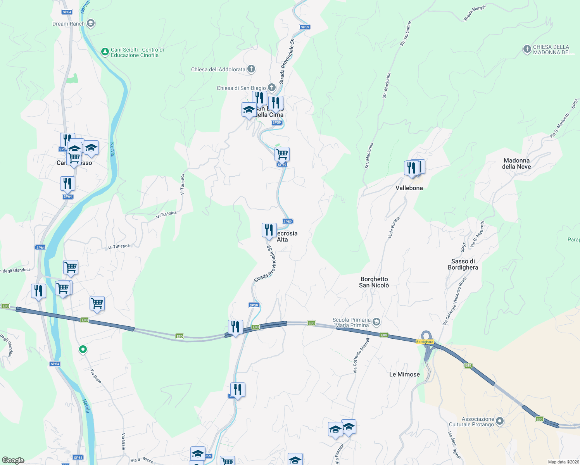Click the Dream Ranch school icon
(x=91, y=24)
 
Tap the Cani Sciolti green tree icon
(x=105, y=52)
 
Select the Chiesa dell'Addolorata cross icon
(x=251, y=69)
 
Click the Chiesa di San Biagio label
(x=241, y=88)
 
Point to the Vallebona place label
(x=409, y=188)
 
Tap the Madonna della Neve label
(x=516, y=164)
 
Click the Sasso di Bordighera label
(x=463, y=264)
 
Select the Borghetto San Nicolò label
(x=374, y=282)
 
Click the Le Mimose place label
(x=404, y=374)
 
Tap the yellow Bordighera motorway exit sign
(x=425, y=342)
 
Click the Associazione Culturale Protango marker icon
(x=500, y=421)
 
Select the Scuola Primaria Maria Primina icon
(x=376, y=322)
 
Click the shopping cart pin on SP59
(x=282, y=154)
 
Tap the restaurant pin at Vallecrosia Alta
(x=269, y=230)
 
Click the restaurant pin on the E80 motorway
(x=235, y=327)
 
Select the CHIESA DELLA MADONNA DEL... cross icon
(x=527, y=49)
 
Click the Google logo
(x=13, y=460)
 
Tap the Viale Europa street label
(x=394, y=227)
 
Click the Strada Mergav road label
(x=474, y=14)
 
